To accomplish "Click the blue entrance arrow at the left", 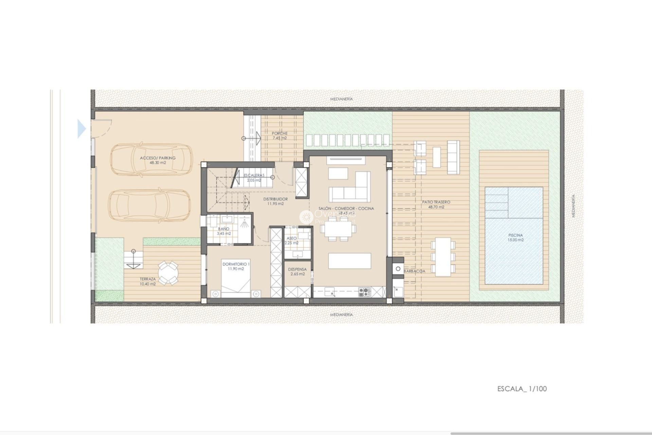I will click(x=81, y=129).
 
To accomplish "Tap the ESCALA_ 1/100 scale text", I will click(x=522, y=389).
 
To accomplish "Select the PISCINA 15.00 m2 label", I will click(x=515, y=237).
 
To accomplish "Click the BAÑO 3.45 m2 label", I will click(x=224, y=231).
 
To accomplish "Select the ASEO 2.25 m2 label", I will click(x=291, y=241).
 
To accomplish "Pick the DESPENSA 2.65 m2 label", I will click(x=297, y=272).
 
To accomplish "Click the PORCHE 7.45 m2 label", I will click(x=279, y=136).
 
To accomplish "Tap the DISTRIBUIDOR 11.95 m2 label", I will click(x=275, y=201).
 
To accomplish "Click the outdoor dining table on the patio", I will click(x=443, y=257).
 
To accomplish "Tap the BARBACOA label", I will click(x=414, y=271).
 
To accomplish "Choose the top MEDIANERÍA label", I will click(x=341, y=99).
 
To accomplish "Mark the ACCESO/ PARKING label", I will click(x=158, y=160).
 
